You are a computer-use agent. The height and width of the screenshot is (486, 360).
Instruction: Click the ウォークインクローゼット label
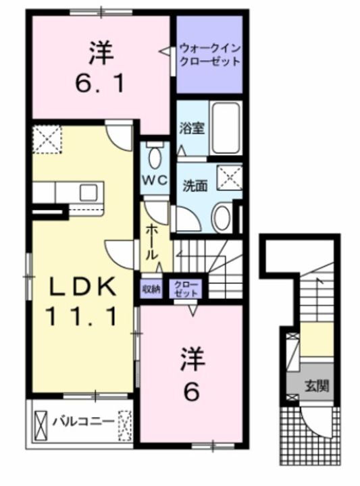click(x=209, y=55)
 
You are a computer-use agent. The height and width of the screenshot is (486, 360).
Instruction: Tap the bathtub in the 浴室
click(x=225, y=128)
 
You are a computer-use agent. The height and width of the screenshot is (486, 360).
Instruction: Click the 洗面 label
click(x=195, y=186)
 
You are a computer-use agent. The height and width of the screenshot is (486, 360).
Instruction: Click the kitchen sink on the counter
click(x=88, y=192)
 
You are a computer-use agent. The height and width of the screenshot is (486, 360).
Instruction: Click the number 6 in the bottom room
click(x=190, y=392)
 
